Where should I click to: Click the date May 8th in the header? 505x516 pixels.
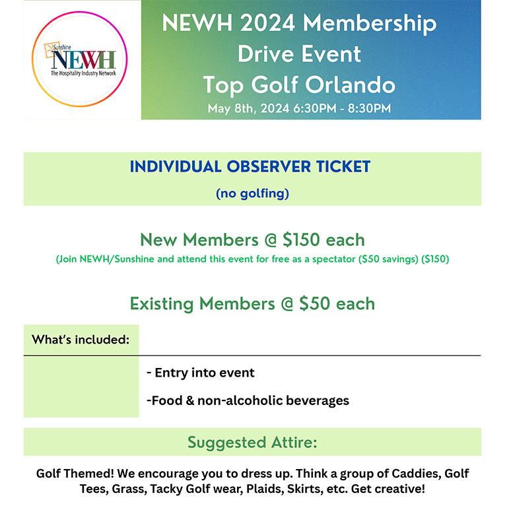[x=229, y=108]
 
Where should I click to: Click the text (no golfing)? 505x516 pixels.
[x=252, y=194]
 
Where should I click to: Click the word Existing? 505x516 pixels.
[x=162, y=304]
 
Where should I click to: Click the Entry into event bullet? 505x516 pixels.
[x=200, y=373]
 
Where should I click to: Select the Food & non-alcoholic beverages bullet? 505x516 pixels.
[x=248, y=400]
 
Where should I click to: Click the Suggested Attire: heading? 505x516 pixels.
[x=252, y=442]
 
